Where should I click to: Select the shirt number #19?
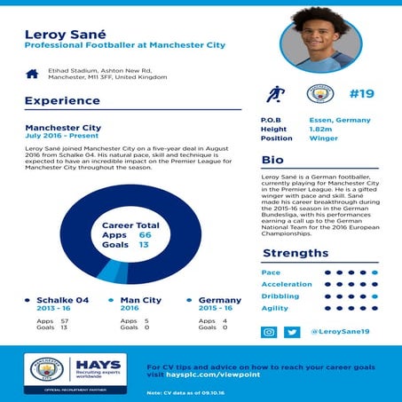tap(363, 93)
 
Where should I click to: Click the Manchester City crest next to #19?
tap(319, 93)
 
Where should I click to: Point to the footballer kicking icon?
tap(274, 93)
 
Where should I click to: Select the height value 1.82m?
tap(320, 128)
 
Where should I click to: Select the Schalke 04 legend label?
tap(62, 300)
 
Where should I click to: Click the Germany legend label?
tap(220, 300)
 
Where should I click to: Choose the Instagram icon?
tap(270, 331)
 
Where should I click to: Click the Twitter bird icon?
tap(292, 331)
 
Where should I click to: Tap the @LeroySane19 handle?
tap(340, 331)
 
